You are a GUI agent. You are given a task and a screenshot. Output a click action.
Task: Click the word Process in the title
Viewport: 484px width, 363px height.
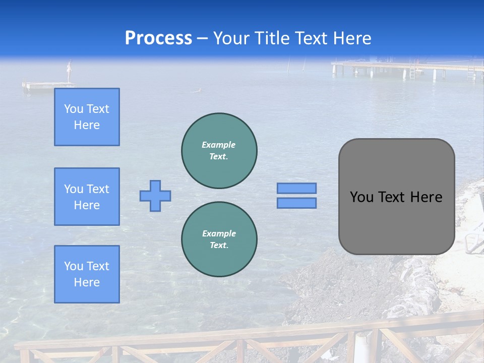[158, 38]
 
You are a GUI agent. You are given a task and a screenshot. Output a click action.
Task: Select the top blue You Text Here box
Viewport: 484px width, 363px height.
[87, 117]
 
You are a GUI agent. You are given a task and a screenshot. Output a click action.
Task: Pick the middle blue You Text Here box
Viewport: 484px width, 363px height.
[87, 197]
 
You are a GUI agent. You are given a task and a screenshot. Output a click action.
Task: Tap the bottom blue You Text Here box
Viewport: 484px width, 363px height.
[87, 274]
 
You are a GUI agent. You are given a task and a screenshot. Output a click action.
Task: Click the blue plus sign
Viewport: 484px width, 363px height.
[155, 196]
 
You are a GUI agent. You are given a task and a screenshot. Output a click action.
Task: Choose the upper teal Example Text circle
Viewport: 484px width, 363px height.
[219, 150]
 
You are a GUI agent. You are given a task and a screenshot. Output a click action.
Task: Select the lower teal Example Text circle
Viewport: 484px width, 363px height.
[219, 239]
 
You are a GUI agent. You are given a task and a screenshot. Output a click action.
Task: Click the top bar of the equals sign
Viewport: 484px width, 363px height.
[296, 188]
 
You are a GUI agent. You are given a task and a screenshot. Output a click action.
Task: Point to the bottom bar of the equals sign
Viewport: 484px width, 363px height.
[296, 203]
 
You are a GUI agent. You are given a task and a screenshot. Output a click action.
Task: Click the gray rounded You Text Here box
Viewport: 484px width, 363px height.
[396, 197]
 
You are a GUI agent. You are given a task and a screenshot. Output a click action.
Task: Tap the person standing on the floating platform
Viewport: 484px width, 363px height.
[70, 71]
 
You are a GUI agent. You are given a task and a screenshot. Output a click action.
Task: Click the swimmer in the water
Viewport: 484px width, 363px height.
[199, 91]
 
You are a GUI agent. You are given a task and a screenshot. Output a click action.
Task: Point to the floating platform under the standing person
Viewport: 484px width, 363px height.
[48, 85]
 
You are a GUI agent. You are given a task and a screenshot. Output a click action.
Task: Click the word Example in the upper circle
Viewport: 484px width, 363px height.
[219, 145]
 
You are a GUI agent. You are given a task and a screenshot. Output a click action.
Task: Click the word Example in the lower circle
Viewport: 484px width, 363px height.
[219, 233]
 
